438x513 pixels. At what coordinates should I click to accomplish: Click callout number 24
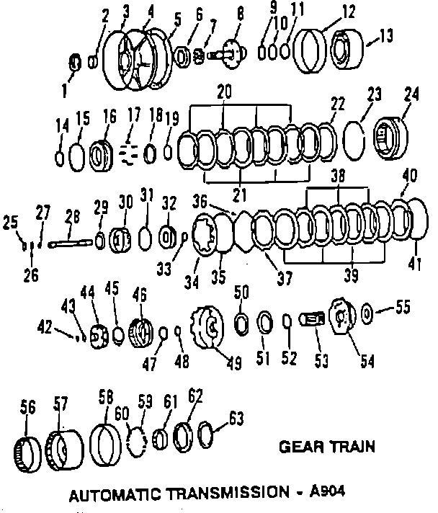(411, 97)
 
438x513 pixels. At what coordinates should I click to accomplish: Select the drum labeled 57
(63, 449)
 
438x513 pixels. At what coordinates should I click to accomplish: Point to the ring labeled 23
(357, 136)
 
